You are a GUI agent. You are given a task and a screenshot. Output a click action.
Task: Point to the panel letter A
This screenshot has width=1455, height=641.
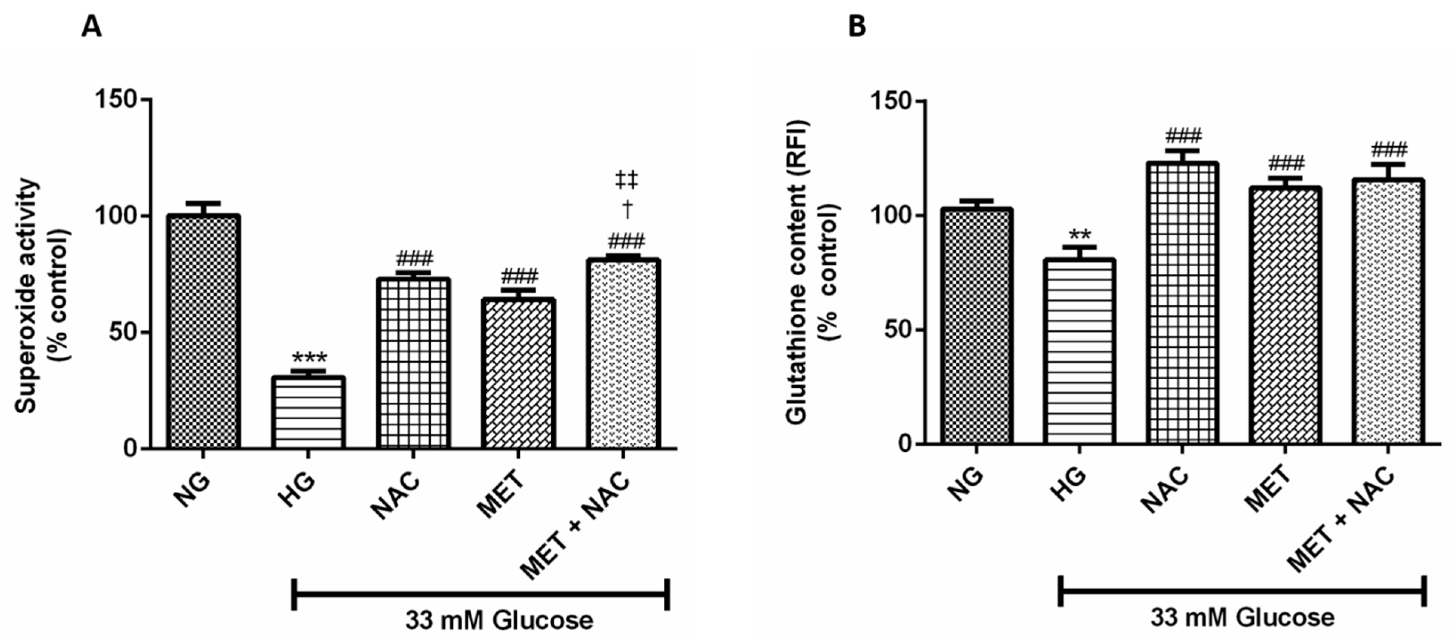[x=92, y=26]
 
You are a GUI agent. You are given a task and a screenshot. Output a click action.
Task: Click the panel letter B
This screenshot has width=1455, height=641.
[x=857, y=26]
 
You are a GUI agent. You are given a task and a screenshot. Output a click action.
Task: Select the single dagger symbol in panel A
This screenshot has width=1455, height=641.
[x=626, y=210]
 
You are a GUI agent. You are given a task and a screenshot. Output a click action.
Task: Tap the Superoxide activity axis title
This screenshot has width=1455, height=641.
[x=25, y=296]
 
